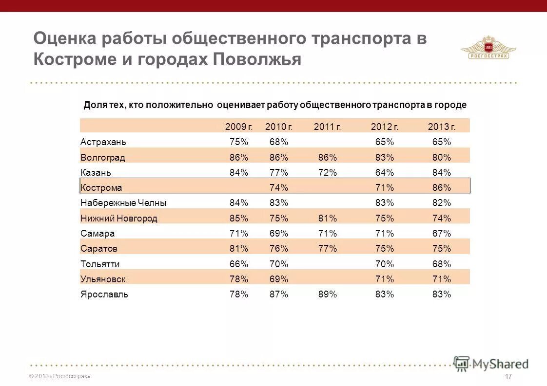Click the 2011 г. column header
(327, 127)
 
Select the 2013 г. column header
(441, 127)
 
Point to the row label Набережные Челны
(123, 203)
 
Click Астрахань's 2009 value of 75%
(239, 142)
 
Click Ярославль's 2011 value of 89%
(327, 294)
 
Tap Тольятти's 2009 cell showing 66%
(239, 264)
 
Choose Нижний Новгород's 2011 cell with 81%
(327, 219)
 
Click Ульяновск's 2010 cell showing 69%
(279, 279)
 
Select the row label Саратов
(99, 249)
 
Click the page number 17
(508, 377)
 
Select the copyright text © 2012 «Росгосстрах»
(59, 377)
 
